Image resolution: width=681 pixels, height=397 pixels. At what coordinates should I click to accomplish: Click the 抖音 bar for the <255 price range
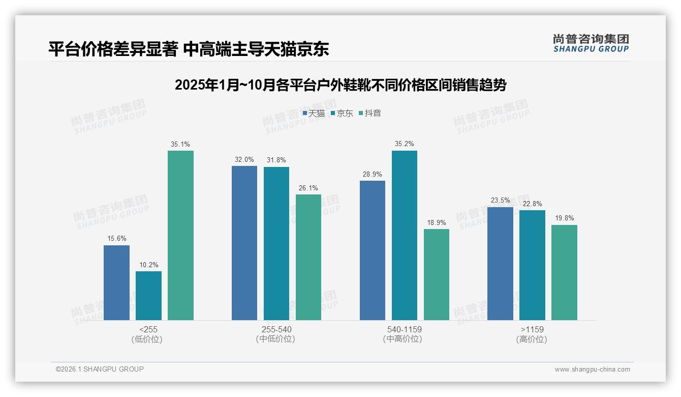[180, 235]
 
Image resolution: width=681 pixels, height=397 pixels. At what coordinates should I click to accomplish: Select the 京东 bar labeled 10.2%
[148, 295]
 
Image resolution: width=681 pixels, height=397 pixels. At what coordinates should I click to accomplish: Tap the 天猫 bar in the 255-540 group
[244, 243]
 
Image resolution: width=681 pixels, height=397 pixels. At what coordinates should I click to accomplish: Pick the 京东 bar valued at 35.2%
[404, 235]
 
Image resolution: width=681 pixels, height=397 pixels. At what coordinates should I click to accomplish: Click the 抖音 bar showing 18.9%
[436, 274]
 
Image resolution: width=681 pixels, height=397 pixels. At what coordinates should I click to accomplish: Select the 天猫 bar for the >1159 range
[500, 263]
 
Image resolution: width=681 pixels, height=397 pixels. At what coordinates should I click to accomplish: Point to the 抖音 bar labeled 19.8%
[564, 272]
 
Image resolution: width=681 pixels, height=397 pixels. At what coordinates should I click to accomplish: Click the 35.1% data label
[180, 144]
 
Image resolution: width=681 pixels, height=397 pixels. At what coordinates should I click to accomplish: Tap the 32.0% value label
[244, 159]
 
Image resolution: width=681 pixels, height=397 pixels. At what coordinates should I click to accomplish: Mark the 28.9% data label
[373, 174]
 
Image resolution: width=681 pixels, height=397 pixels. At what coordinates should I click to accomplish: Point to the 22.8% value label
[532, 204]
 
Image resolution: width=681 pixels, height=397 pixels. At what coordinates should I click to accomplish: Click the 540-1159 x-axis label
[404, 329]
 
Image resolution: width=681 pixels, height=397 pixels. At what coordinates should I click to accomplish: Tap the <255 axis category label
[148, 329]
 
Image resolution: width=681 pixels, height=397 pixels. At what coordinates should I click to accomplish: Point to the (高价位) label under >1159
[532, 339]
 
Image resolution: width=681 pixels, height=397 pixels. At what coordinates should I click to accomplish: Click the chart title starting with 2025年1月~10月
[340, 85]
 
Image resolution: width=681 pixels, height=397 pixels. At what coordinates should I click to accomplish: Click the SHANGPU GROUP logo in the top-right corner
[591, 43]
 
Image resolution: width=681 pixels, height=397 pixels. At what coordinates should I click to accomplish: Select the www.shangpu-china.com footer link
[592, 369]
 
